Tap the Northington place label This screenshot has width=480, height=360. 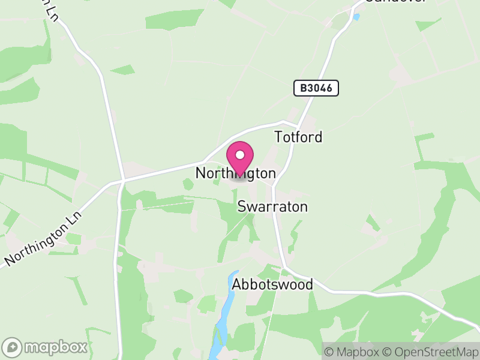coord(236,173)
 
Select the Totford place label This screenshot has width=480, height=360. coord(298,137)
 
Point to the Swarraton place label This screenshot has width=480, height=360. coord(272,207)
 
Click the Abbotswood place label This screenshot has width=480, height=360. coord(273,284)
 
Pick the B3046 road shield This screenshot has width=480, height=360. coord(316,88)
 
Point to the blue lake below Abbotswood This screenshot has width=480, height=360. coord(223,312)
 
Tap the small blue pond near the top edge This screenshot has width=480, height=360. coord(356,17)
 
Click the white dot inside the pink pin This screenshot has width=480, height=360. coord(240,155)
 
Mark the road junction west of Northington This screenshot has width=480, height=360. coord(122,179)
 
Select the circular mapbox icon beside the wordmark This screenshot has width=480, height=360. coord(13,347)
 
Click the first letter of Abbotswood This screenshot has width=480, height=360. coord(237,284)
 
